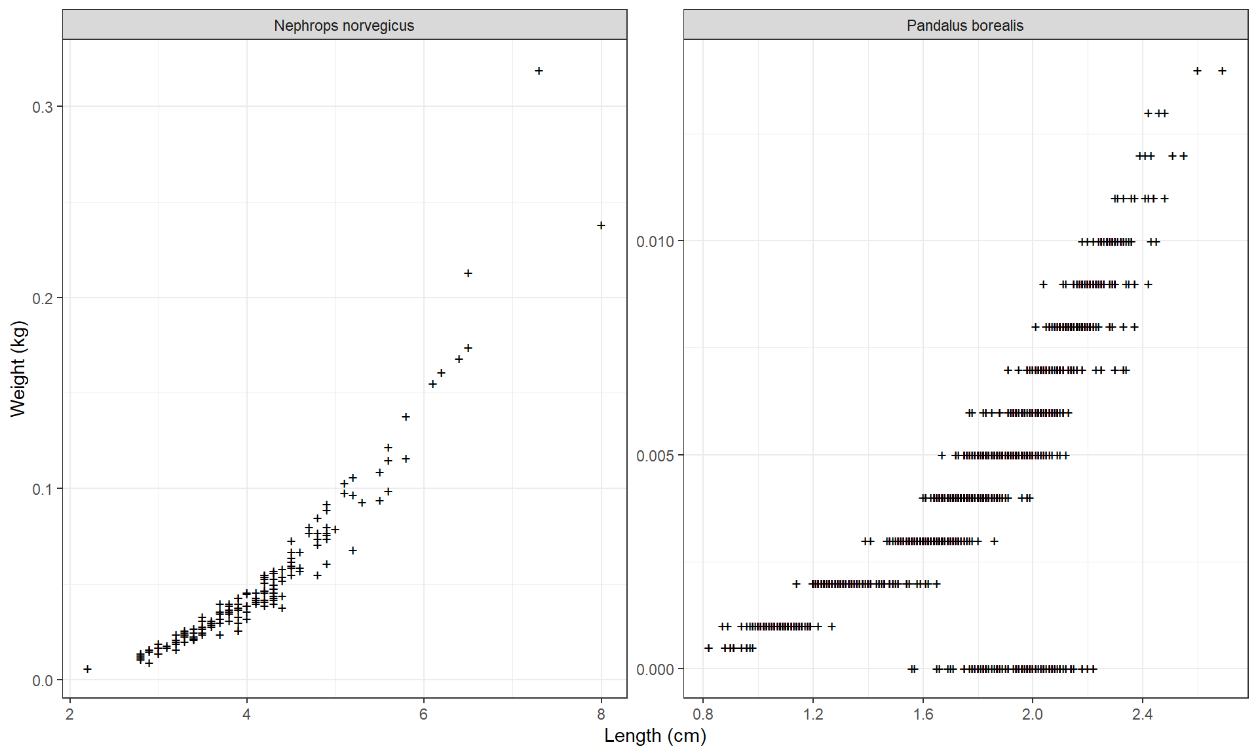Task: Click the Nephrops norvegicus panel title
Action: pyautogui.click(x=344, y=26)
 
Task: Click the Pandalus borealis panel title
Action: pyautogui.click(x=964, y=26)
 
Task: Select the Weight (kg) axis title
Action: pyautogui.click(x=18, y=368)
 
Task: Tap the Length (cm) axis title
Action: pyautogui.click(x=655, y=736)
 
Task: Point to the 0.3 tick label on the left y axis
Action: pyautogui.click(x=43, y=107)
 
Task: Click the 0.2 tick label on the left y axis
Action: pyautogui.click(x=43, y=298)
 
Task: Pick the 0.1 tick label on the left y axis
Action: pyautogui.click(x=43, y=490)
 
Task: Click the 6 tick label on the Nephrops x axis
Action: pyautogui.click(x=423, y=714)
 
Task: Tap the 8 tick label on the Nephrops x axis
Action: pyautogui.click(x=601, y=714)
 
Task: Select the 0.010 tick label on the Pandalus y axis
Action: pyautogui.click(x=655, y=242)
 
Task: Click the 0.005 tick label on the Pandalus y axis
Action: pyautogui.click(x=655, y=455)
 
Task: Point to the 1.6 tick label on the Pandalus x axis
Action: pyautogui.click(x=923, y=714)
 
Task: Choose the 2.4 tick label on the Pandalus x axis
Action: pyautogui.click(x=1142, y=714)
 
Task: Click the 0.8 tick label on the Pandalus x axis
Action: pyautogui.click(x=703, y=714)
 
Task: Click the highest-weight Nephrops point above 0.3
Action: pyautogui.click(x=539, y=71)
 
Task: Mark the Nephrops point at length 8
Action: pyautogui.click(x=601, y=225)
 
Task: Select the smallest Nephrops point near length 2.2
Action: pyautogui.click(x=87, y=669)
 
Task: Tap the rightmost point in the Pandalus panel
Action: pyautogui.click(x=1222, y=71)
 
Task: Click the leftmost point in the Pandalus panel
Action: pyautogui.click(x=708, y=648)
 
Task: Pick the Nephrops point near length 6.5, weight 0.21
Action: pyautogui.click(x=468, y=273)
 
